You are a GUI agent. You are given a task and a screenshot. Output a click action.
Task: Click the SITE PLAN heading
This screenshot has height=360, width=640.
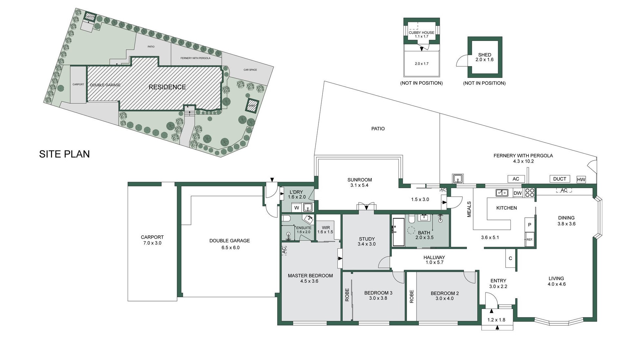click(x=64, y=154)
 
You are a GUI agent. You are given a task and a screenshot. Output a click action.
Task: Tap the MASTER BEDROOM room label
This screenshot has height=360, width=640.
click(x=310, y=276)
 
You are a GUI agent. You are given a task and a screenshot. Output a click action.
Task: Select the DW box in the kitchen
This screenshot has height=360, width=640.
click(x=518, y=193)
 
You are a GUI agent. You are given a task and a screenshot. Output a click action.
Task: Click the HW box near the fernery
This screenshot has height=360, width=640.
click(x=581, y=179)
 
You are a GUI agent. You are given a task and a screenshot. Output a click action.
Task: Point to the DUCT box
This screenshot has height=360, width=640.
click(x=560, y=179)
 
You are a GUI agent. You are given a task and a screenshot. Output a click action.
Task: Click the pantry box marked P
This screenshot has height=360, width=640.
click(x=529, y=225)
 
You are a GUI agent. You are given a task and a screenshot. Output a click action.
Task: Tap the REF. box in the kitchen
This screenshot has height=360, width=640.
click(x=529, y=240)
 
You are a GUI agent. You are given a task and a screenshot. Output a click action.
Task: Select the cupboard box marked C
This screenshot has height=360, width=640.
click(x=510, y=259)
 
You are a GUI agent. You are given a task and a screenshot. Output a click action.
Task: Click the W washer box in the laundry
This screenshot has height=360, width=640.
click(x=297, y=207)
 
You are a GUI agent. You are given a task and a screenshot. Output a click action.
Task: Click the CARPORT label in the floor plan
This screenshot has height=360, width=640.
click(x=152, y=237)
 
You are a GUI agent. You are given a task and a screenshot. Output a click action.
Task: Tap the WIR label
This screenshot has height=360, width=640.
click(x=326, y=227)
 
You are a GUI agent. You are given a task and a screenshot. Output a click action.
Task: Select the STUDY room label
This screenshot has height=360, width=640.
click(x=366, y=239)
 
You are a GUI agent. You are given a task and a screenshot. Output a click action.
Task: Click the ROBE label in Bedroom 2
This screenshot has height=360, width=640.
click(x=412, y=296)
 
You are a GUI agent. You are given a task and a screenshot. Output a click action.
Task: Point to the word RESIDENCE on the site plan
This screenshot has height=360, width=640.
click(x=167, y=87)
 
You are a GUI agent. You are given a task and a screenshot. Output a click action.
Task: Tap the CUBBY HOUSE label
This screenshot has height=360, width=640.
click(x=421, y=32)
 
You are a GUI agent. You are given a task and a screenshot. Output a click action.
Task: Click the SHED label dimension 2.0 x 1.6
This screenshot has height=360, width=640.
click(x=484, y=60)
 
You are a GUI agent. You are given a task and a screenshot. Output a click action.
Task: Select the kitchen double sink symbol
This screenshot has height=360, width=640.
click(x=502, y=193)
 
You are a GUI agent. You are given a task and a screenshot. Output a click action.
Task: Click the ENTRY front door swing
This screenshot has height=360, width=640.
click(x=491, y=299)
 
